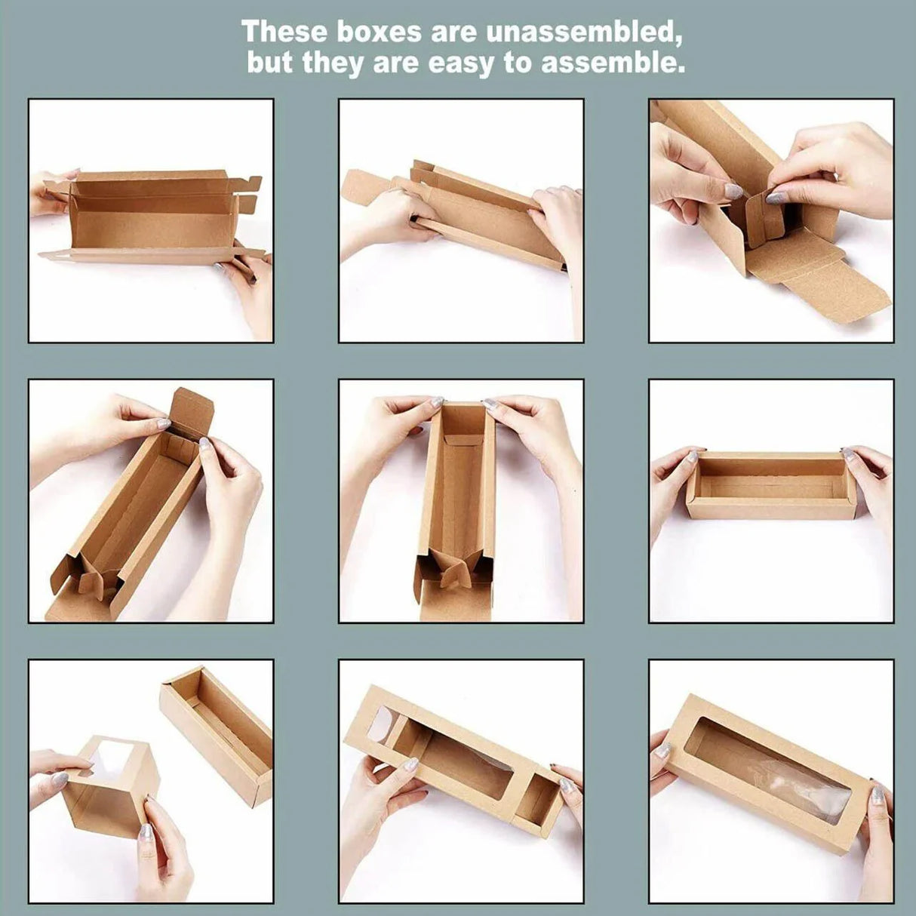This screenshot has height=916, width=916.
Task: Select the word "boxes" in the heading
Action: pyautogui.click(x=380, y=32)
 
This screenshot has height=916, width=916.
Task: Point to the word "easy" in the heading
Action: pyautogui.click(x=460, y=64)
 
